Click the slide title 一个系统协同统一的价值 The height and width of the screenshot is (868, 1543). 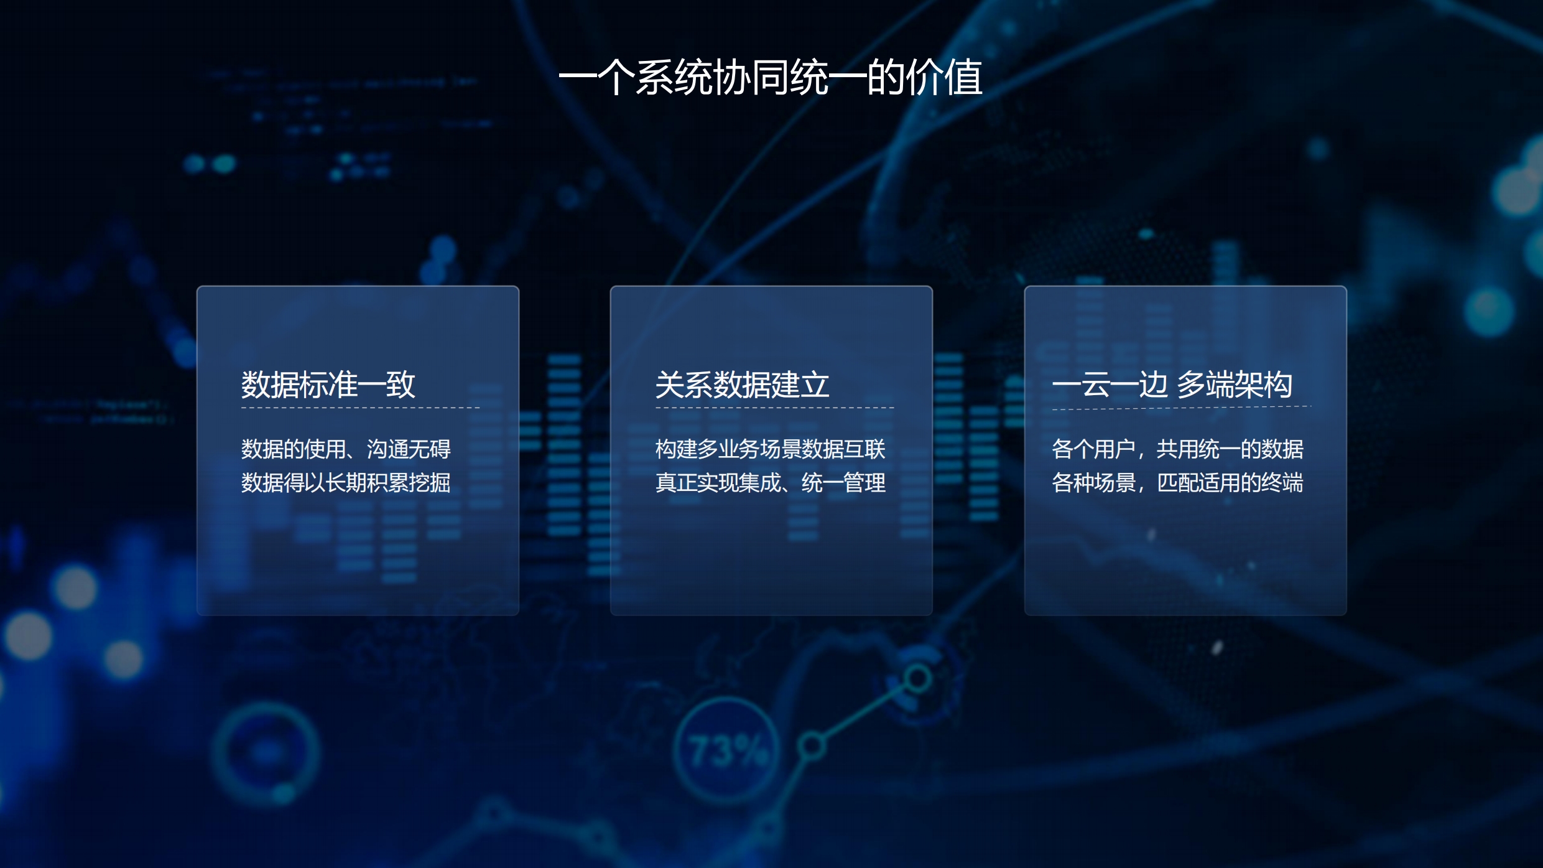[x=771, y=78]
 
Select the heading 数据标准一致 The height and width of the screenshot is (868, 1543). [x=328, y=385]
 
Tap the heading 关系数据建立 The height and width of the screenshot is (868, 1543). [x=742, y=385]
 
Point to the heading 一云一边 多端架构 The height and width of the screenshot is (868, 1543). [x=1172, y=385]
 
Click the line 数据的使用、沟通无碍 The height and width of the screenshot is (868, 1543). [x=346, y=449]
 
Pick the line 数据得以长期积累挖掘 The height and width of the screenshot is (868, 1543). [x=346, y=482]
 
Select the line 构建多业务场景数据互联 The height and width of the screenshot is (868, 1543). [x=770, y=449]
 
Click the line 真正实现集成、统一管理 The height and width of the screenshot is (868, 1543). [x=770, y=482]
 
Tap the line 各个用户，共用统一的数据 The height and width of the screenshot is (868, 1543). [x=1177, y=449]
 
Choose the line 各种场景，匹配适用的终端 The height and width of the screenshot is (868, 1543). [x=1177, y=482]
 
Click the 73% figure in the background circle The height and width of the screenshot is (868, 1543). [x=728, y=751]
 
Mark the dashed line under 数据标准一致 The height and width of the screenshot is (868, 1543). [x=360, y=408]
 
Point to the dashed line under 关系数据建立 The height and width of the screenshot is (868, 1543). [x=774, y=408]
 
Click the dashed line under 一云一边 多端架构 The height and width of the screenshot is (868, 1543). [x=1182, y=408]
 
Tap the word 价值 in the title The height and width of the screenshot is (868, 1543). [x=944, y=78]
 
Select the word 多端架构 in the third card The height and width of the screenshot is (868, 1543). [x=1235, y=385]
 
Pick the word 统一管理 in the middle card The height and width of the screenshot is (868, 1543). [x=843, y=482]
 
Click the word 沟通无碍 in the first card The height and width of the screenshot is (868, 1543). [x=409, y=449]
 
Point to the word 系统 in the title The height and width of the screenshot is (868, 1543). [x=674, y=78]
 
